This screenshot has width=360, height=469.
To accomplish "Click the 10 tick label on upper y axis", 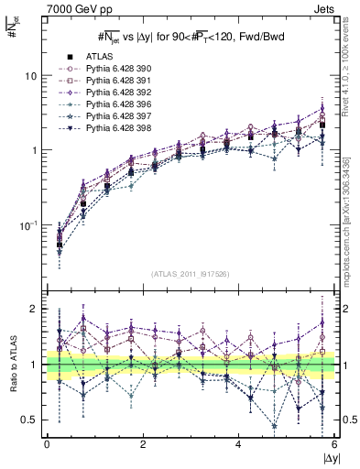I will [x=31, y=75].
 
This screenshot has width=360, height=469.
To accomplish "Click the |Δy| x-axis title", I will [x=326, y=457].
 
